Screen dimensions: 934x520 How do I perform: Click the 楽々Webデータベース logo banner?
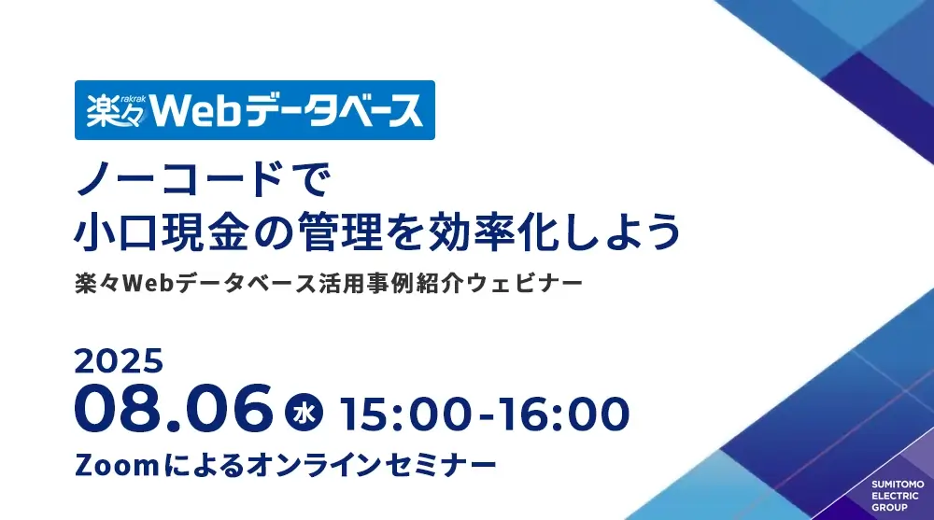[254, 110]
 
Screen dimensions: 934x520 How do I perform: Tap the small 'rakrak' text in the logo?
[133, 98]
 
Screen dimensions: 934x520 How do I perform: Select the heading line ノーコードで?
[202, 180]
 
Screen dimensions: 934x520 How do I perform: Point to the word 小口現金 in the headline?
[161, 232]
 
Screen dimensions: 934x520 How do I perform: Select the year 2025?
[119, 361]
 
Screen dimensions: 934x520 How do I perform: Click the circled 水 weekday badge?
[304, 413]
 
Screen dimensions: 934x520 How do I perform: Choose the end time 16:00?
[564, 414]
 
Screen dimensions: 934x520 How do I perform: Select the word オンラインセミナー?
[371, 465]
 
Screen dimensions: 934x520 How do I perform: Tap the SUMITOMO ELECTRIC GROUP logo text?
[897, 496]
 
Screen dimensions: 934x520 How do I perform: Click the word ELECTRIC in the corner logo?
[896, 496]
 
